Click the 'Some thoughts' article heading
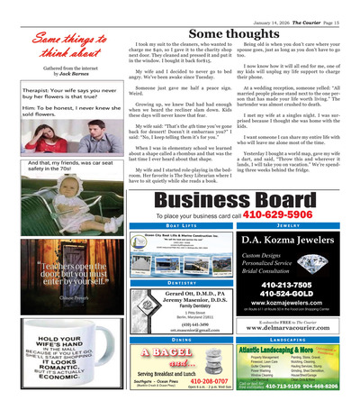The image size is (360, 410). [234, 32]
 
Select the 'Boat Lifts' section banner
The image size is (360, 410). [181, 227]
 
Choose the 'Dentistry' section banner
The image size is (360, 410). [181, 283]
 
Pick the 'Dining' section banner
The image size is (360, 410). [181, 339]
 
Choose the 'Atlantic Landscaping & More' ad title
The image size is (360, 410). [281, 351]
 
